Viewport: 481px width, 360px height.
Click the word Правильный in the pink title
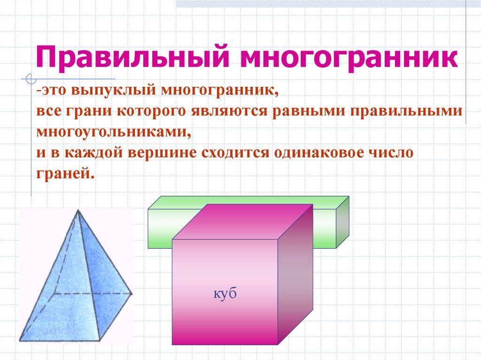(x=132, y=57)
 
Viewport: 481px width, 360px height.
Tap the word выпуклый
(x=116, y=92)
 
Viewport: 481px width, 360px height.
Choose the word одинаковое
(x=326, y=153)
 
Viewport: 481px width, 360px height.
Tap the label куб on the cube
(x=225, y=293)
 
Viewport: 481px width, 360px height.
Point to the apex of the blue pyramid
(x=78, y=210)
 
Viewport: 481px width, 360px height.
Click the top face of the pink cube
(x=242, y=222)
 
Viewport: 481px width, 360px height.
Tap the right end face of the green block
(x=342, y=222)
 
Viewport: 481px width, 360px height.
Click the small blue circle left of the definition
(x=31, y=79)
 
